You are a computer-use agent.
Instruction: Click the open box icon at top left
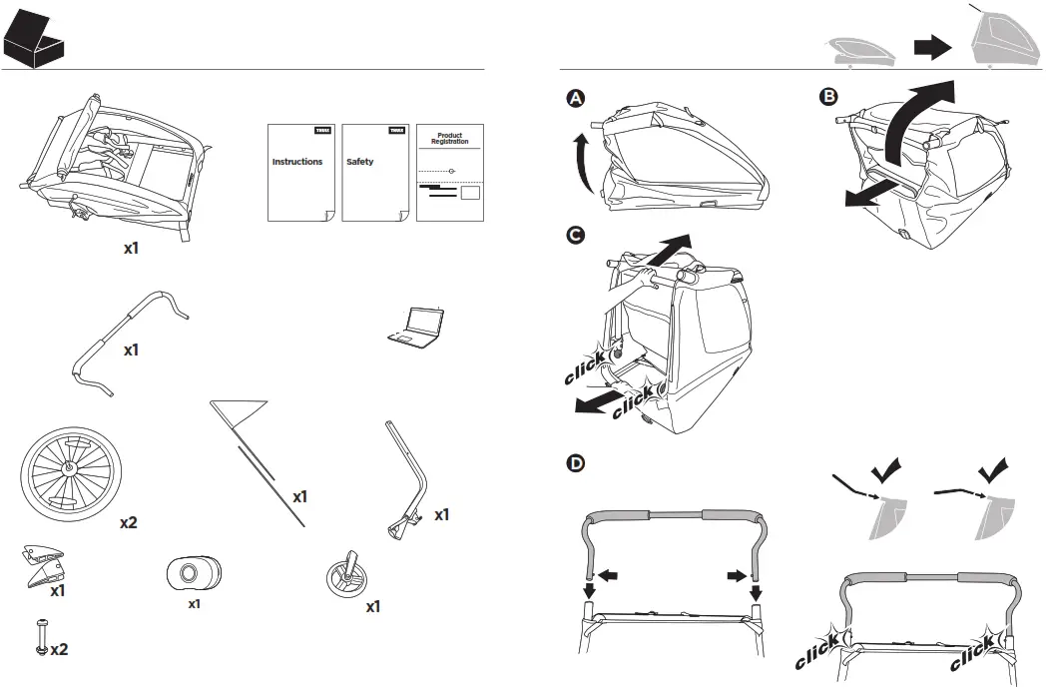click(35, 37)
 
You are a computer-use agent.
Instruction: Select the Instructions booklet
click(299, 172)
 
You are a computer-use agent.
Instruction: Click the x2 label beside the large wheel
click(129, 522)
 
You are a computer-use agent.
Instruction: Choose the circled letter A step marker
click(575, 98)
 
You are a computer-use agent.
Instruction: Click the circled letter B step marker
click(827, 98)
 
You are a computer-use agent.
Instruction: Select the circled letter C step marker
click(575, 236)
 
